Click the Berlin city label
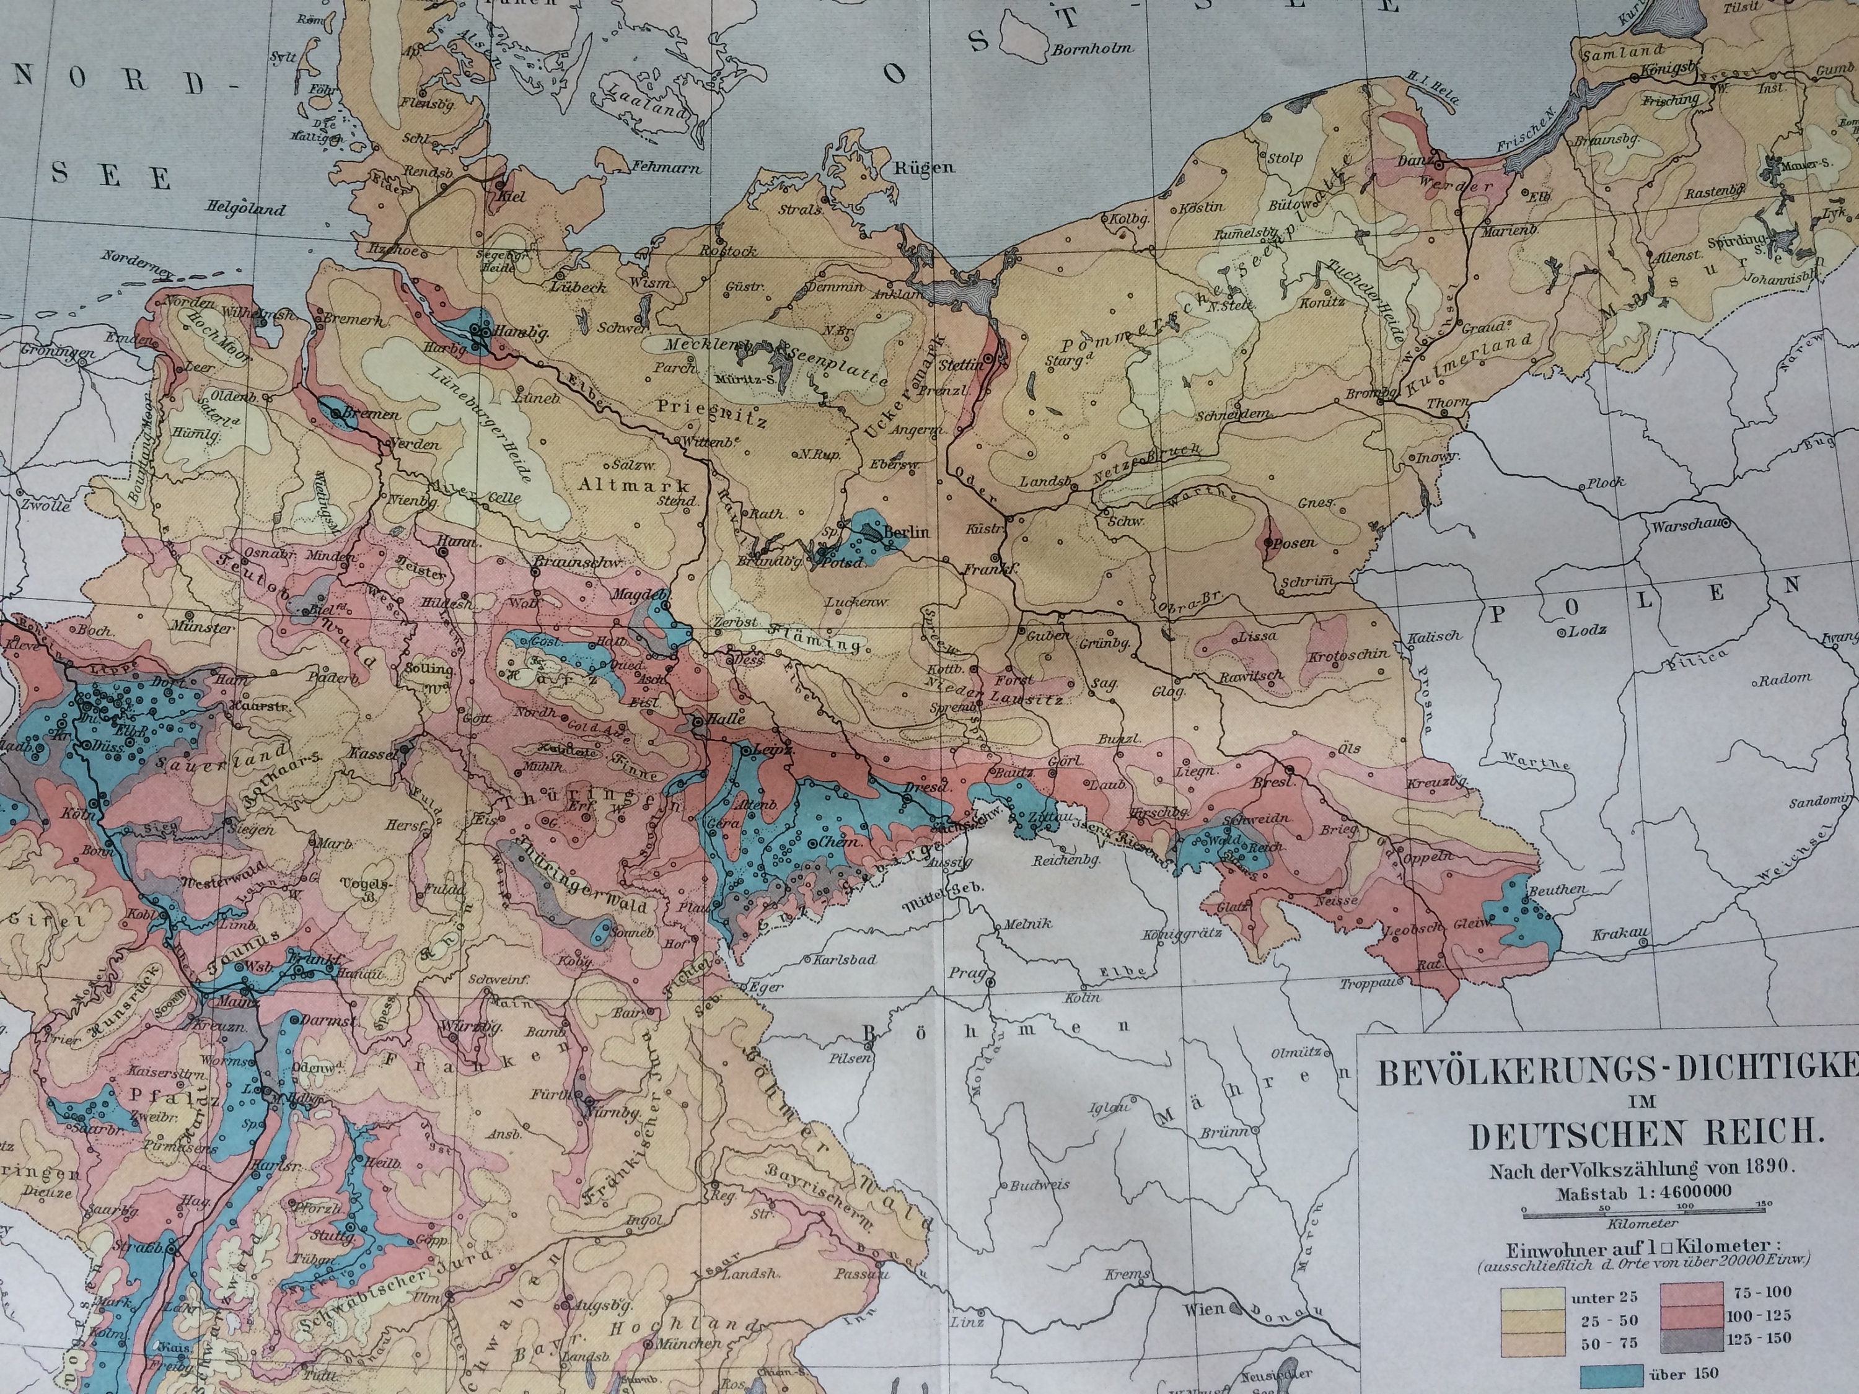point(906,532)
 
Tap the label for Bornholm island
point(1092,48)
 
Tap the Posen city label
point(1293,543)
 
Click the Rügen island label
point(925,167)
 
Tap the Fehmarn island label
point(663,167)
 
